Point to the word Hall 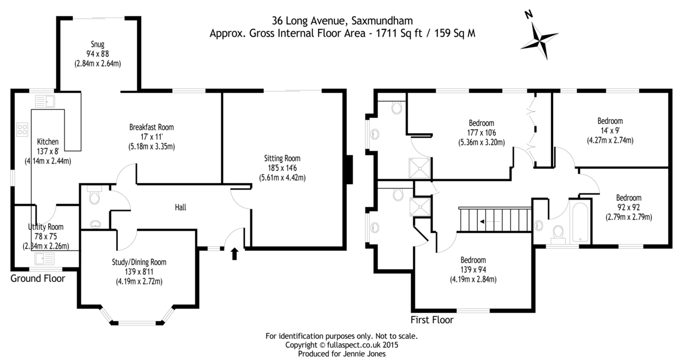coord(180,207)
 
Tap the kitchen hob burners coord(23,129)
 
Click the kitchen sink coord(44,102)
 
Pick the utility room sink coord(44,259)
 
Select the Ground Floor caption coord(38,278)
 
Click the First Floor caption coord(432,320)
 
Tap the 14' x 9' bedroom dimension coord(610,140)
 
